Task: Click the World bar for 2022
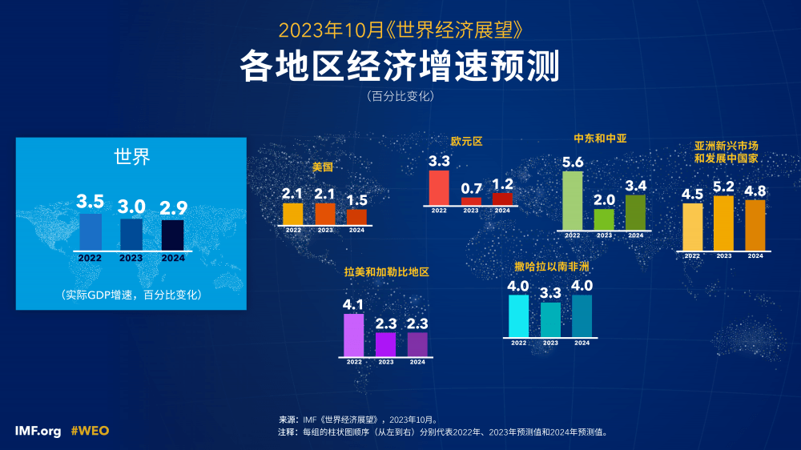[91, 232]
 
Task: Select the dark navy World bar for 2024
[173, 235]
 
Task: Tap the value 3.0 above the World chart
[131, 206]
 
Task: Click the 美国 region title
[322, 168]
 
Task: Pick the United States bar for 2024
[356, 216]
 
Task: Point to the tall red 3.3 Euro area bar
[439, 187]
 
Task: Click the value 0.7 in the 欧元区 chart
[471, 189]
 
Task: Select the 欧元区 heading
[467, 141]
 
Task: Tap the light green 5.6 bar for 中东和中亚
[573, 200]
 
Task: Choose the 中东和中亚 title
[600, 138]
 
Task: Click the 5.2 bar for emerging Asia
[723, 223]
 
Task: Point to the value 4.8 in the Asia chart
[755, 191]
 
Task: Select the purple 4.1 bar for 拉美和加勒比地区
[354, 335]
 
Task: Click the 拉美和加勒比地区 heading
[387, 272]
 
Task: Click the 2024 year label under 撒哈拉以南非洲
[582, 343]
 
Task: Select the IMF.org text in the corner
[38, 431]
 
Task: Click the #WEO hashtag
[90, 431]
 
